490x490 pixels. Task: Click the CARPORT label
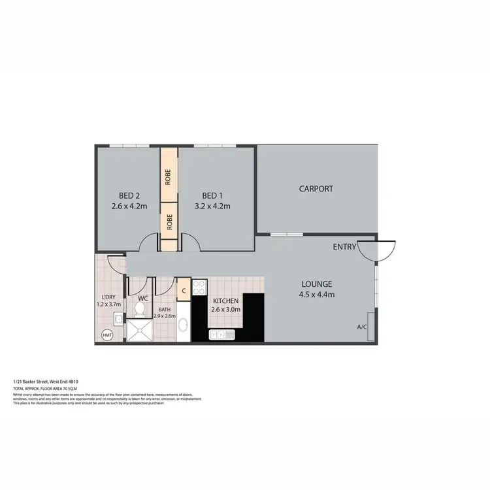pos(316,189)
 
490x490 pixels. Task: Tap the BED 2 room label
pos(129,195)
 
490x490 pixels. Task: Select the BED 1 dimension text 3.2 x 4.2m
pos(212,206)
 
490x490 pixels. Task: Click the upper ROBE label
pos(169,176)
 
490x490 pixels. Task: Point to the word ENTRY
pos(344,247)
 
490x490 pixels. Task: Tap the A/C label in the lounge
pos(361,327)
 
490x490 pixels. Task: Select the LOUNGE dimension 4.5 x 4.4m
pos(318,295)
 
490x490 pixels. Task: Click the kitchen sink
pos(221,335)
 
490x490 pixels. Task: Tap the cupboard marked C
pos(184,289)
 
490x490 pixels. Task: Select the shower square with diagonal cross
pos(139,331)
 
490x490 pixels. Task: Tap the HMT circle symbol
pos(107,335)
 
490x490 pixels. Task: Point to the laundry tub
pos(118,319)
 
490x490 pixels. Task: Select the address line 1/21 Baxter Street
pos(46,381)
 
